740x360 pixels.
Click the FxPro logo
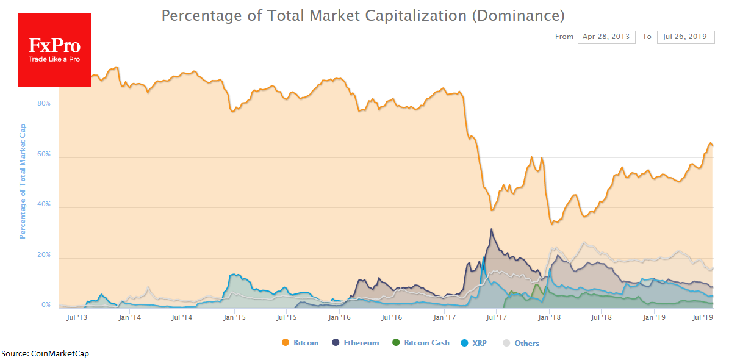coord(54,49)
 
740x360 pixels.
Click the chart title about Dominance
coord(363,15)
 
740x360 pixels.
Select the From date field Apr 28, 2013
coord(606,37)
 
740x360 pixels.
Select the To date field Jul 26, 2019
coord(686,37)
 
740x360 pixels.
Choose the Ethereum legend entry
coord(356,343)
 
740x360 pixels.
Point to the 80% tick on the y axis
coord(45,104)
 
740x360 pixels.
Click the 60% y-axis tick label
coord(45,154)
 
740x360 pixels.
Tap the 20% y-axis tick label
coord(45,255)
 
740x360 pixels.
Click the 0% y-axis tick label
coord(46,305)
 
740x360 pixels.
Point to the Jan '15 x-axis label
coord(234,318)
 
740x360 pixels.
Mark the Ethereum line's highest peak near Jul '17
coord(491,229)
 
